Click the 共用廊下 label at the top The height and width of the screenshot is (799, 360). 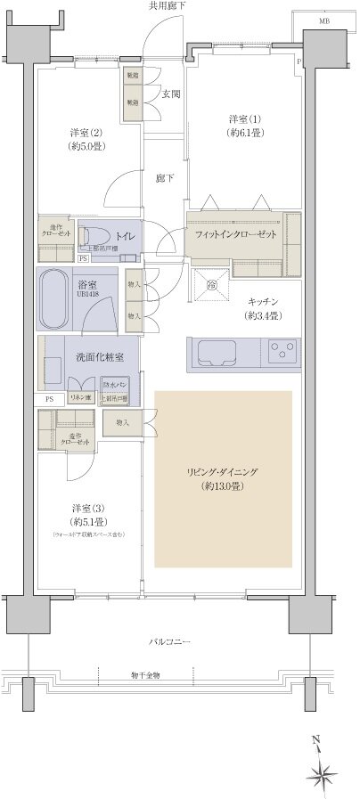[168, 7]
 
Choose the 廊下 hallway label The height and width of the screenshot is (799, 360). [165, 178]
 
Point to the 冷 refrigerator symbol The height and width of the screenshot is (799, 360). [212, 285]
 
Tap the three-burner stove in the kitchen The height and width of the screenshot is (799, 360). [285, 350]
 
